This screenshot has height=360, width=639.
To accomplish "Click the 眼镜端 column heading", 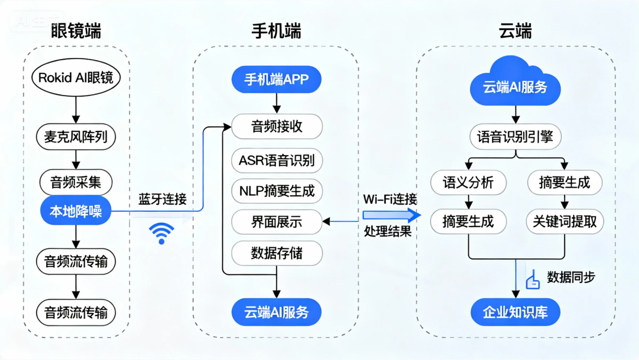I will (76, 31).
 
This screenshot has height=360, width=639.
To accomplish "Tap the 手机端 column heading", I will (276, 31).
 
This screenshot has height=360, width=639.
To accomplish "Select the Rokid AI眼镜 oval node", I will (76, 78).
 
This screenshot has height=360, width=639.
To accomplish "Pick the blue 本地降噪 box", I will (76, 211).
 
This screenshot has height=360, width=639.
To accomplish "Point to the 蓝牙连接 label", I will (162, 199).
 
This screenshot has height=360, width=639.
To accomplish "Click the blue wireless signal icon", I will (161, 233).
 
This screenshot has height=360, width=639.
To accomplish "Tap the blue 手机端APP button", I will (276, 79).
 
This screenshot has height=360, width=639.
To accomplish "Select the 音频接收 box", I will (277, 126).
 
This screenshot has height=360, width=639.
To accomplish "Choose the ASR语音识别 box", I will (277, 160).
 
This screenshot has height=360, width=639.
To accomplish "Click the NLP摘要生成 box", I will (277, 191).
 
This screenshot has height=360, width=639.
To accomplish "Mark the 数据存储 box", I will (277, 254).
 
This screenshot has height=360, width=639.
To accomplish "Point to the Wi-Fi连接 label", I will (389, 199).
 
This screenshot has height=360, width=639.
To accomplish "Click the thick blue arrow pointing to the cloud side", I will (391, 215).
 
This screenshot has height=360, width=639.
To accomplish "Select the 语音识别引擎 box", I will (515, 136).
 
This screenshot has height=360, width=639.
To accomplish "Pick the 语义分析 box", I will (468, 182).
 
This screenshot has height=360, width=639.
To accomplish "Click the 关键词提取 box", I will (565, 221).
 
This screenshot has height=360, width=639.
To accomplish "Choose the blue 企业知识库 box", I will (515, 313).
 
